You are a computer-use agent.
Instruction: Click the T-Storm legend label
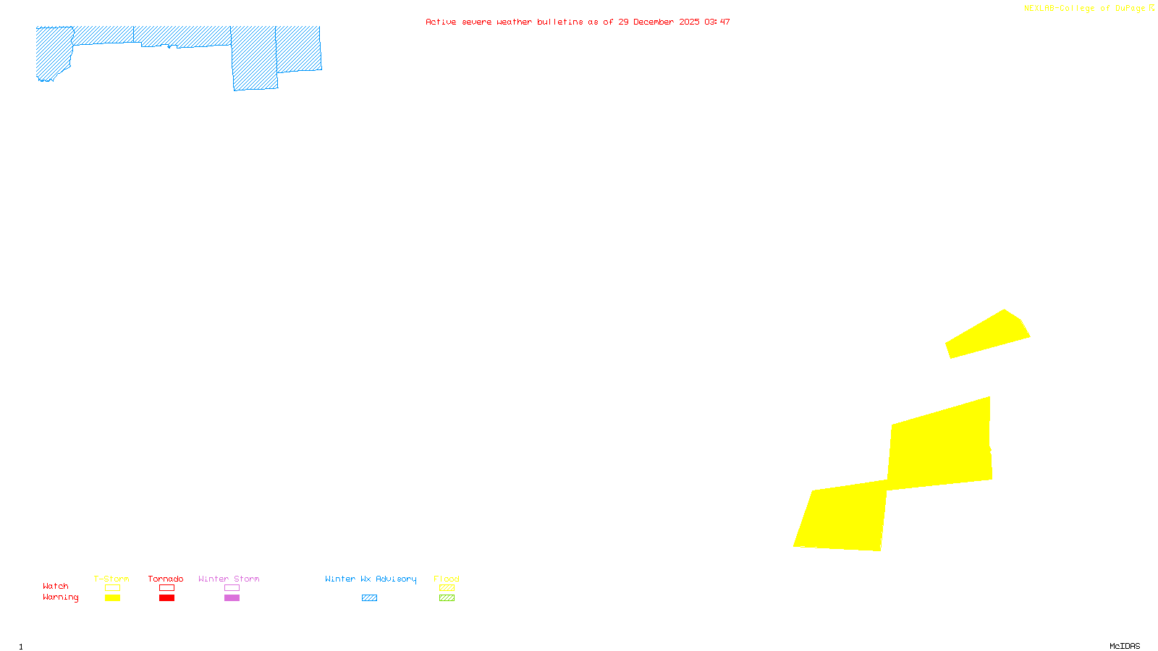pyautogui.click(x=111, y=579)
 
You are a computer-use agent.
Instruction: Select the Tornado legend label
pyautogui.click(x=166, y=579)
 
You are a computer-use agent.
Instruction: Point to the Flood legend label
pyautogui.click(x=447, y=579)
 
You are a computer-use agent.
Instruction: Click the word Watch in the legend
pyautogui.click(x=56, y=586)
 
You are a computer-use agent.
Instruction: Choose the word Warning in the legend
pyautogui.click(x=60, y=597)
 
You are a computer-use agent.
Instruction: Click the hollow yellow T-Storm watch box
pyautogui.click(x=112, y=588)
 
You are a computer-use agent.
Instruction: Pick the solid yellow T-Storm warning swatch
pyautogui.click(x=112, y=598)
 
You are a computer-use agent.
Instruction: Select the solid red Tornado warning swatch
pyautogui.click(x=166, y=598)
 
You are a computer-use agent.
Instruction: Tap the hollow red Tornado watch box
pyautogui.click(x=166, y=588)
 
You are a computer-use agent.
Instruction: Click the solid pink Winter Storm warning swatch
pyautogui.click(x=232, y=598)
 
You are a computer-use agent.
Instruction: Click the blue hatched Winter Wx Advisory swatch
pyautogui.click(x=369, y=598)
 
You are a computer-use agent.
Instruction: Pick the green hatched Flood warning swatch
pyautogui.click(x=447, y=598)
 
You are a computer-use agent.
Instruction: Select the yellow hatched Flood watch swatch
pyautogui.click(x=447, y=588)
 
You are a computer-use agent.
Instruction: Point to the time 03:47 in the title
pyautogui.click(x=717, y=22)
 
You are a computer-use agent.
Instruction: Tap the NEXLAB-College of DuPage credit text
pyautogui.click(x=1085, y=8)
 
